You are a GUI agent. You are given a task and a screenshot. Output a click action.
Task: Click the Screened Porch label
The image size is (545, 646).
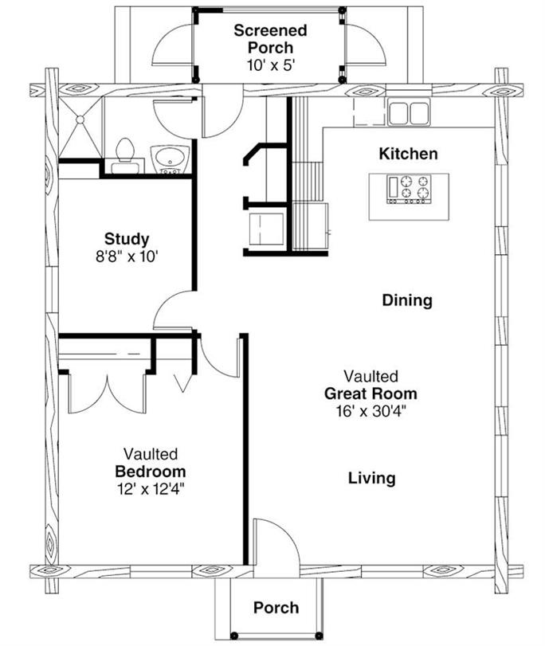tap(270, 40)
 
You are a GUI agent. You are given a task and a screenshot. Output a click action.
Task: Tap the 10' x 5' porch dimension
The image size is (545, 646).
tap(270, 65)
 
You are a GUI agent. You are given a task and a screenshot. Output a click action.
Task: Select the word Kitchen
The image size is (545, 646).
tap(407, 153)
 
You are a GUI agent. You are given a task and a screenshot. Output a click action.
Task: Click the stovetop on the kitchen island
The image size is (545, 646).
tap(409, 189)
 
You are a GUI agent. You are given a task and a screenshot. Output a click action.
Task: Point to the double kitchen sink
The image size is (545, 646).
tap(409, 112)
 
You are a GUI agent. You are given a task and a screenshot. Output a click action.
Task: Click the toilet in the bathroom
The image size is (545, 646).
tap(124, 154)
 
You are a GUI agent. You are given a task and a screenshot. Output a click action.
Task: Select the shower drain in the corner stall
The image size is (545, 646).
tap(80, 119)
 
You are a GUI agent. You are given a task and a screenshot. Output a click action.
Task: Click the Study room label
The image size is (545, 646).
tap(127, 238)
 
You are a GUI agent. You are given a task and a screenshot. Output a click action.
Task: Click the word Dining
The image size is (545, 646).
tap(406, 300)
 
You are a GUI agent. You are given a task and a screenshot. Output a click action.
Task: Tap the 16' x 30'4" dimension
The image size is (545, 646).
tap(371, 411)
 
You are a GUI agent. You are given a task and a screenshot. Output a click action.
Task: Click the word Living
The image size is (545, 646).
tap(371, 478)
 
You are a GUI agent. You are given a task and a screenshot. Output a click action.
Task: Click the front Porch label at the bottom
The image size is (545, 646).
tap(276, 608)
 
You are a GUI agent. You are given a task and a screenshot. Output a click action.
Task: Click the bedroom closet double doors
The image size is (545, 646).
tap(107, 393)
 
